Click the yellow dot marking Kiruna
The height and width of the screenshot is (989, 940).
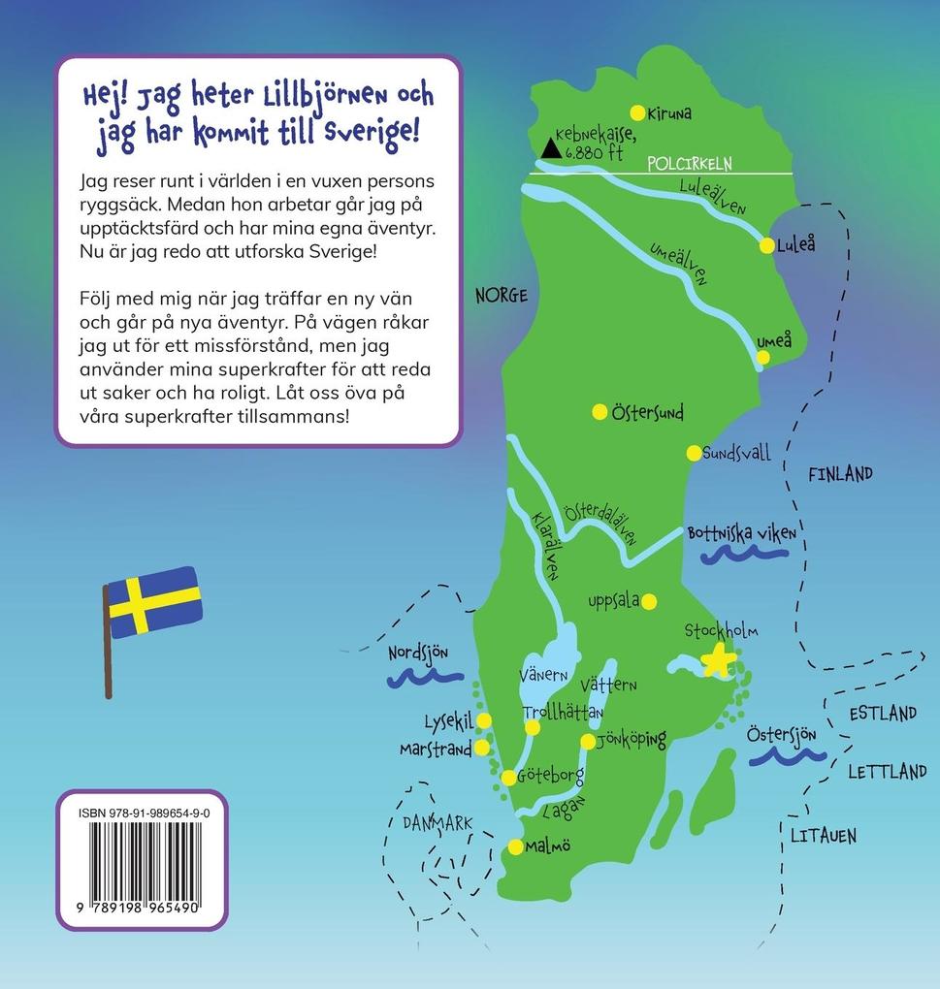[x=637, y=112]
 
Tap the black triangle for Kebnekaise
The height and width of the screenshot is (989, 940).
[x=551, y=148]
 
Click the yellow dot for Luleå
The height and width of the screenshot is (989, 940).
[x=767, y=245]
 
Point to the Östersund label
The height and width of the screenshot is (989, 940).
[x=647, y=413]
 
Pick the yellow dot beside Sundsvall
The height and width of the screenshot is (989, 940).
[x=694, y=453]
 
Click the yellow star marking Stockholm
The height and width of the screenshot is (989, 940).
[x=719, y=659]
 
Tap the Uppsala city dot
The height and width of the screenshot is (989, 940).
[x=649, y=600]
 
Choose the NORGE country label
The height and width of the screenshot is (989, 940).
[x=502, y=296]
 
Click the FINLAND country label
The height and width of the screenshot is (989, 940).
[x=840, y=474]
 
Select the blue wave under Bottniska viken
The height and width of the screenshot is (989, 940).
[x=744, y=554]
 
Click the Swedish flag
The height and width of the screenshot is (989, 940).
[x=153, y=603]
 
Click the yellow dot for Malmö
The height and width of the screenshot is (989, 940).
[x=515, y=846]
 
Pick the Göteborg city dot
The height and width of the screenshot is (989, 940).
[x=508, y=777]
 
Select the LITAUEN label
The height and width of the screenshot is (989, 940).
[x=823, y=835]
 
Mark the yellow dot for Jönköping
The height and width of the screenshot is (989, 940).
[x=588, y=742]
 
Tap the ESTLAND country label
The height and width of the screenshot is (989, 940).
[x=883, y=714]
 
